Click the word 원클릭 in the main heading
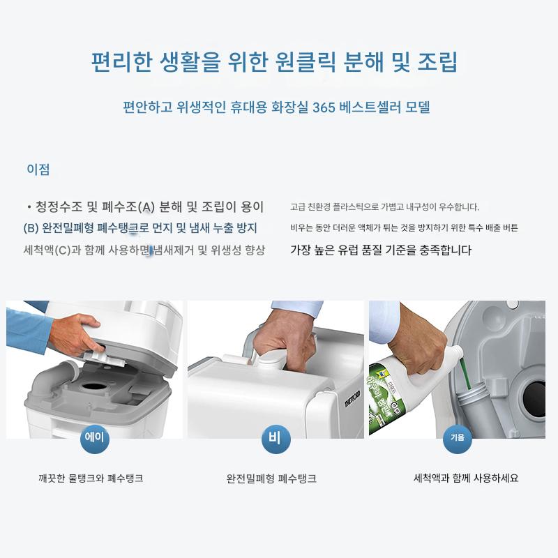point(306,61)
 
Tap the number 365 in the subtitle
point(324,107)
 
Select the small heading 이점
point(38,169)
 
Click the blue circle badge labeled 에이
point(94,439)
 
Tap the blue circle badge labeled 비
point(276,439)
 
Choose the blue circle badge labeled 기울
point(458,439)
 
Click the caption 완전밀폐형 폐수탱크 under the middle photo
point(271,478)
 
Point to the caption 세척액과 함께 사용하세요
point(465,478)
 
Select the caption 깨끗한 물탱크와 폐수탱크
point(91,478)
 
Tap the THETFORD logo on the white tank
point(352,398)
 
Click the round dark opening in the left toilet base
point(93,386)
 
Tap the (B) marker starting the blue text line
point(31,228)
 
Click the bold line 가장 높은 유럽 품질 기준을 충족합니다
point(381,250)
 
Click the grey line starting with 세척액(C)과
point(144,250)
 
